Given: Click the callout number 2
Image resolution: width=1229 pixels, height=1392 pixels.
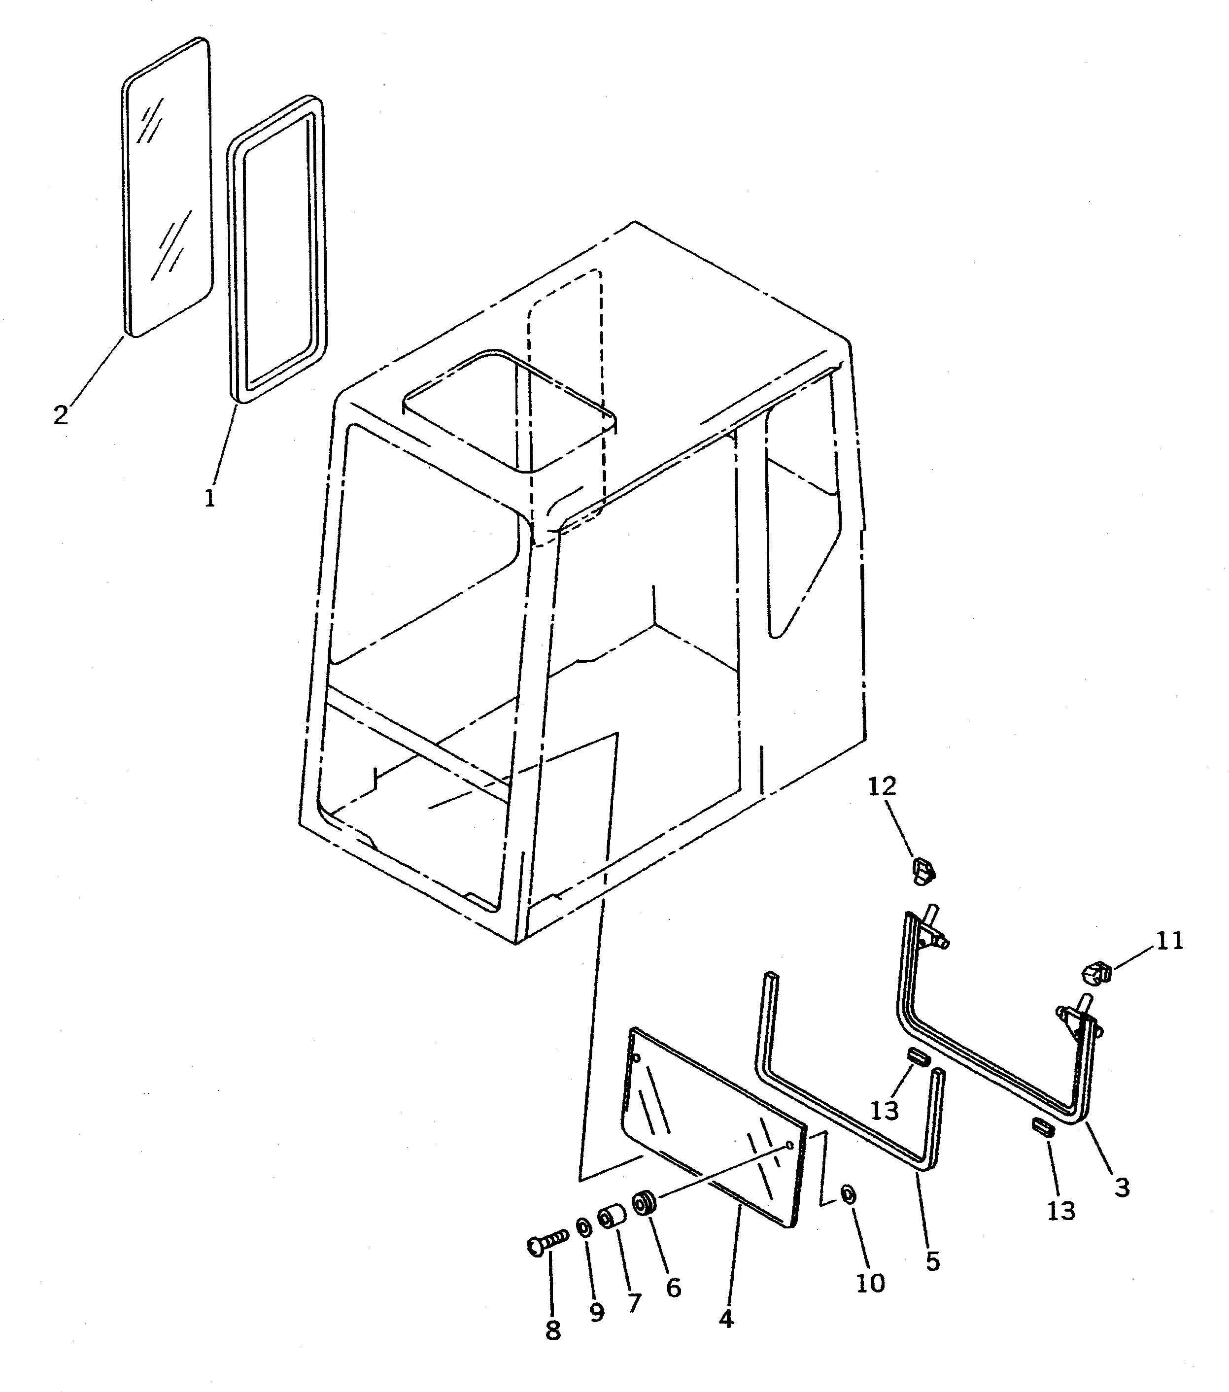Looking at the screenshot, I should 61,415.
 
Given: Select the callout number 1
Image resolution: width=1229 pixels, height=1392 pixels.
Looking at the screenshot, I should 210,498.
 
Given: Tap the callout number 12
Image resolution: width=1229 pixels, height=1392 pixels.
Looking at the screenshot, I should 883,786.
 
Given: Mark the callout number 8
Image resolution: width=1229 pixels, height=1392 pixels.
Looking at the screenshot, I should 553,1331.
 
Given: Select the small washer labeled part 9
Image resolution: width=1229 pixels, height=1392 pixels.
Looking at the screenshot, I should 583,1227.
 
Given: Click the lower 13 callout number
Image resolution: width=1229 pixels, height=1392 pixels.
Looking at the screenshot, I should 1060,1210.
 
